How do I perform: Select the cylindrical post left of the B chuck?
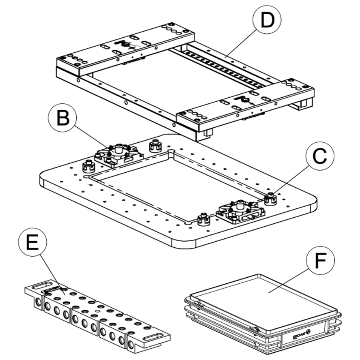click(88, 166)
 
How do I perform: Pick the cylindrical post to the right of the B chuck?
click(154, 146)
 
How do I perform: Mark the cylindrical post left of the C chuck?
click(203, 220)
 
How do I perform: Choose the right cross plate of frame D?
click(249, 103)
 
